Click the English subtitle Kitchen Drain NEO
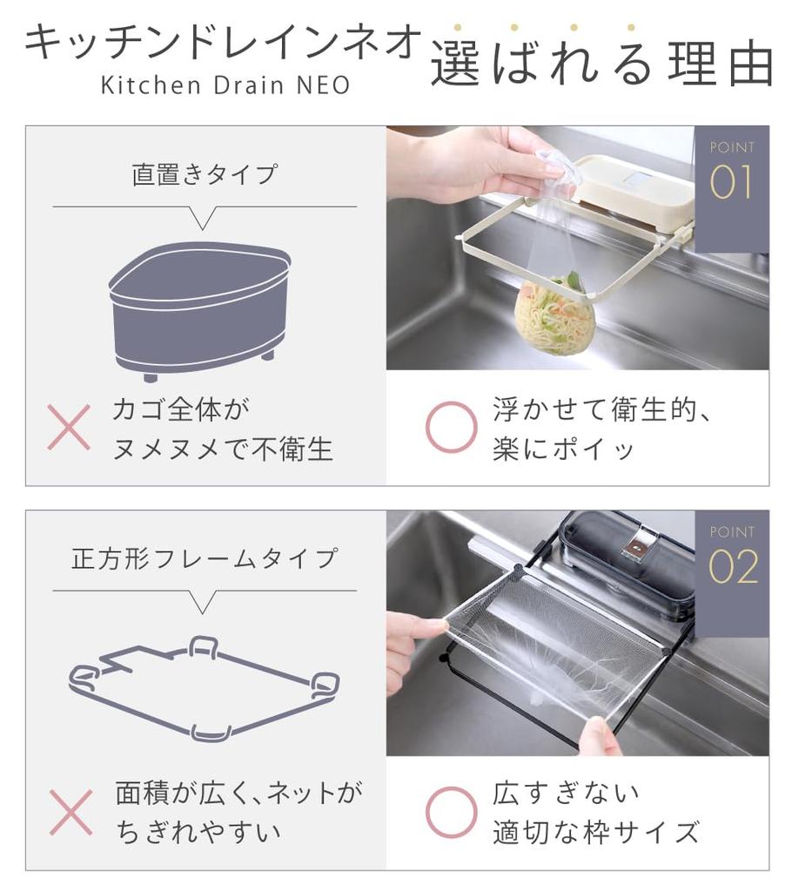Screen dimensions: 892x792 [225, 85]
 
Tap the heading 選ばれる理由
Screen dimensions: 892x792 [601, 64]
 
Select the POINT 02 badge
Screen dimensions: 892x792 [731, 557]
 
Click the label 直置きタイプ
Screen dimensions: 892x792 [205, 173]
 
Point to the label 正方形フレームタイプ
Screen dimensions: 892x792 [205, 557]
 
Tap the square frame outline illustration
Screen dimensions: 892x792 [204, 688]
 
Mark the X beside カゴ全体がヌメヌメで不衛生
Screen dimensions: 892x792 [69, 428]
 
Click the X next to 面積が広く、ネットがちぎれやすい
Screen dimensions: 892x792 [70, 812]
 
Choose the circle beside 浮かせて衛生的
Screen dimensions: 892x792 [451, 428]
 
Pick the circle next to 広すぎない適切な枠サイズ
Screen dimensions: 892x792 [451, 812]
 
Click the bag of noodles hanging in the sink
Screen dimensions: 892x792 [554, 315]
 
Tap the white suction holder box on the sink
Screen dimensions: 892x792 [635, 192]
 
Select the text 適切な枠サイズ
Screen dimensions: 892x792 [595, 833]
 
